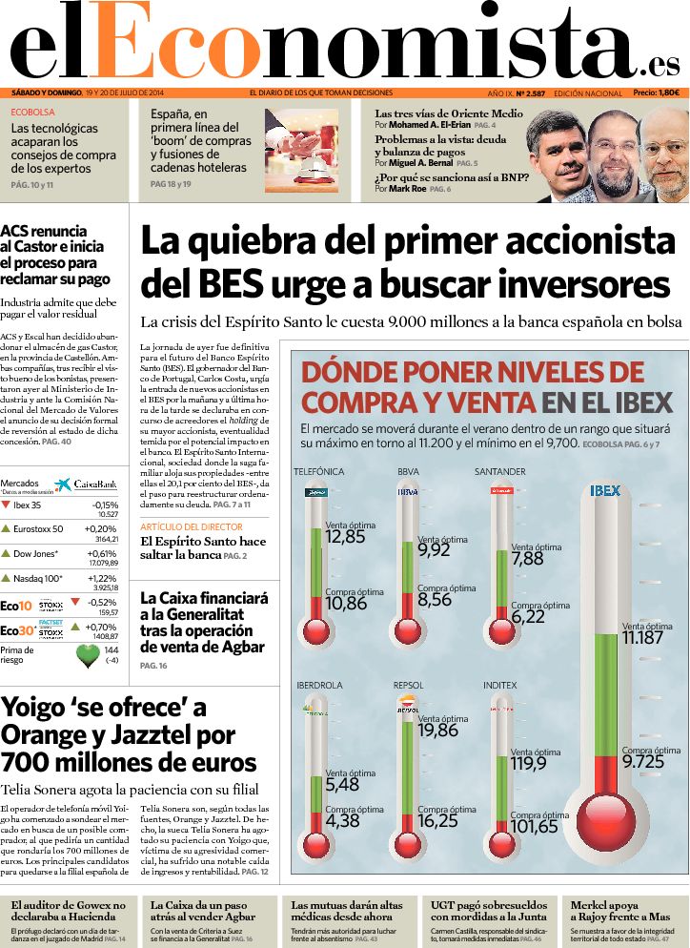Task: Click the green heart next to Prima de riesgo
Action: [88, 655]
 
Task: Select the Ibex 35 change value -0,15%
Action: [105, 505]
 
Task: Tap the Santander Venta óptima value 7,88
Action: [527, 559]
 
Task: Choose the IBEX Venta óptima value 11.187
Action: [642, 638]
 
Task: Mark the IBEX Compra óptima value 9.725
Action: [643, 762]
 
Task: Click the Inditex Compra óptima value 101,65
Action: [534, 827]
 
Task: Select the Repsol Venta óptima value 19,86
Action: [437, 731]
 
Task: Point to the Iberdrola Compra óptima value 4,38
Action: [342, 820]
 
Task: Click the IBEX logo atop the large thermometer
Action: [605, 491]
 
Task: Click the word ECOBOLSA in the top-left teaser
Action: [32, 112]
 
